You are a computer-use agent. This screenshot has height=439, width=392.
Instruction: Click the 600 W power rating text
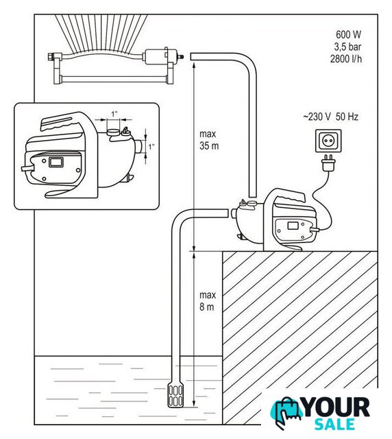point(348,35)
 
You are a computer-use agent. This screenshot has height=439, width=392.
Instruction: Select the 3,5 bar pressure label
point(347,47)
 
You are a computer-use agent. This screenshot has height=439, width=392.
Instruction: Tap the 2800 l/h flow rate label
point(346,59)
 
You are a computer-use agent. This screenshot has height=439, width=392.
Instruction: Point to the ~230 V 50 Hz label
point(330,117)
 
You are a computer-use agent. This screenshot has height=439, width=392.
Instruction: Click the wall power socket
point(328,141)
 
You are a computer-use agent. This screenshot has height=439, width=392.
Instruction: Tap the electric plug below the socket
point(328,163)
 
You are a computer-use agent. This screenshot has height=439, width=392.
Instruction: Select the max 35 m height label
point(209,140)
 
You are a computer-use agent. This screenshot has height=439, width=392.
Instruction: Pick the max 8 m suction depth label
point(208,301)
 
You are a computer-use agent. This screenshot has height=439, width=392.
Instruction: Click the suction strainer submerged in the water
point(175,394)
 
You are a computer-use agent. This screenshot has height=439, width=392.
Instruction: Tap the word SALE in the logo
point(334,424)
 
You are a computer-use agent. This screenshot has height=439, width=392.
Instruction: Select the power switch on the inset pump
point(56,162)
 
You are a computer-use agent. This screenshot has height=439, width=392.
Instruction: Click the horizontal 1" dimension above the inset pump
point(114,120)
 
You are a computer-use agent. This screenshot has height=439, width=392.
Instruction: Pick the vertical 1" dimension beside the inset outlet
point(147,147)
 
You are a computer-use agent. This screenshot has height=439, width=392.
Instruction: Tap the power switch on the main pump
point(293,225)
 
